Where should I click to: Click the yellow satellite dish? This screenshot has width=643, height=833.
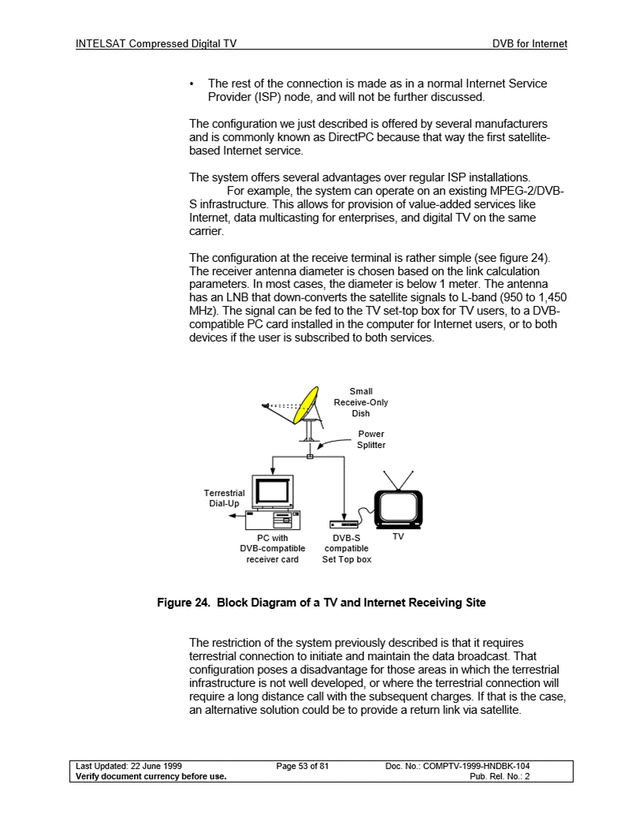(x=306, y=403)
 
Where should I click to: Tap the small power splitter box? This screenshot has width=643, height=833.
(x=310, y=457)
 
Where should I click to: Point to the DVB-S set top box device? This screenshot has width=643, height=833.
(x=344, y=524)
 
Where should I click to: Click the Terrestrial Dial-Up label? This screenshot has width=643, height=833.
(x=224, y=498)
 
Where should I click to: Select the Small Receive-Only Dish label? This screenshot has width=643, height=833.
(x=361, y=402)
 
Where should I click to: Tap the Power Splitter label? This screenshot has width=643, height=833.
(x=371, y=439)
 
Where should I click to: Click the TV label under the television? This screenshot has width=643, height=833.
(x=398, y=536)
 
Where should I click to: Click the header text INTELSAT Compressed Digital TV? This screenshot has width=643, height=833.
(x=156, y=44)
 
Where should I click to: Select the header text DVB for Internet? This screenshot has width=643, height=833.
(x=530, y=44)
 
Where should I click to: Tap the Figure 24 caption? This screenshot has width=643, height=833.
(x=321, y=603)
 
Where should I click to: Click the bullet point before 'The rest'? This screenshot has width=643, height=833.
(x=193, y=84)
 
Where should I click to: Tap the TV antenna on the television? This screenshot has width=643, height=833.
(x=398, y=480)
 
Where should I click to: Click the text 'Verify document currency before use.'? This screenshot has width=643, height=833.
(x=151, y=776)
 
